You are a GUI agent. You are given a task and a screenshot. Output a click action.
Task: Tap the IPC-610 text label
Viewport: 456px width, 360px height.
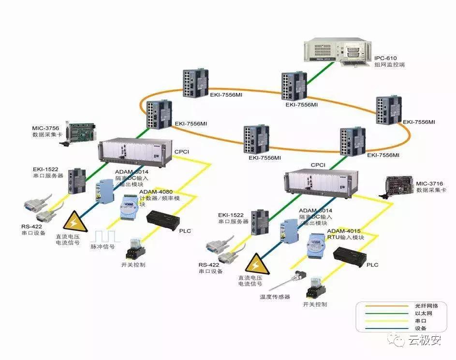coord(385,57)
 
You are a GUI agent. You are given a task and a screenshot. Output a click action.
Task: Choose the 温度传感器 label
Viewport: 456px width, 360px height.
coord(275,297)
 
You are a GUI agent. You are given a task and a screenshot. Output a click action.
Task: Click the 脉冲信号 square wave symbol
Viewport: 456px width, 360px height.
coord(106,236)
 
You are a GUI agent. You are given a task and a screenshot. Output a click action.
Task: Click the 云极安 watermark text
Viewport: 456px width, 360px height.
coord(425,341)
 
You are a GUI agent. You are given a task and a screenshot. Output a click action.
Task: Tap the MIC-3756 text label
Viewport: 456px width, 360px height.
coord(45,128)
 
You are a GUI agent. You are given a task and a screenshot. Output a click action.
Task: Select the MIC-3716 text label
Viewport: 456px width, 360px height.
coord(429,184)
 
